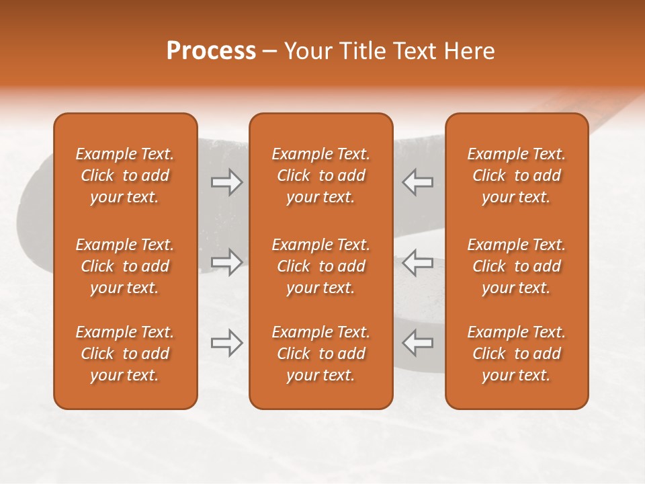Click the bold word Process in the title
click(x=211, y=51)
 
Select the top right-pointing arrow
click(x=226, y=182)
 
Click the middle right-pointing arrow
click(x=226, y=262)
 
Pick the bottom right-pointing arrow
click(x=226, y=343)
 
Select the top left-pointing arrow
click(x=417, y=182)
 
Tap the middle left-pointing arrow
click(x=417, y=262)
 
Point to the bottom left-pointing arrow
click(x=417, y=343)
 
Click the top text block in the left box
click(x=125, y=175)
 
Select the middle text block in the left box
click(x=125, y=266)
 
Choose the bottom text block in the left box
click(x=125, y=354)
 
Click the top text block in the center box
click(x=320, y=175)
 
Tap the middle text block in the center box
click(x=320, y=266)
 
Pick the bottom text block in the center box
click(x=320, y=354)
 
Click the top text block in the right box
click(x=516, y=175)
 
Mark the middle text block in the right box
click(x=516, y=266)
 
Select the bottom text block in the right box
click(x=516, y=354)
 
